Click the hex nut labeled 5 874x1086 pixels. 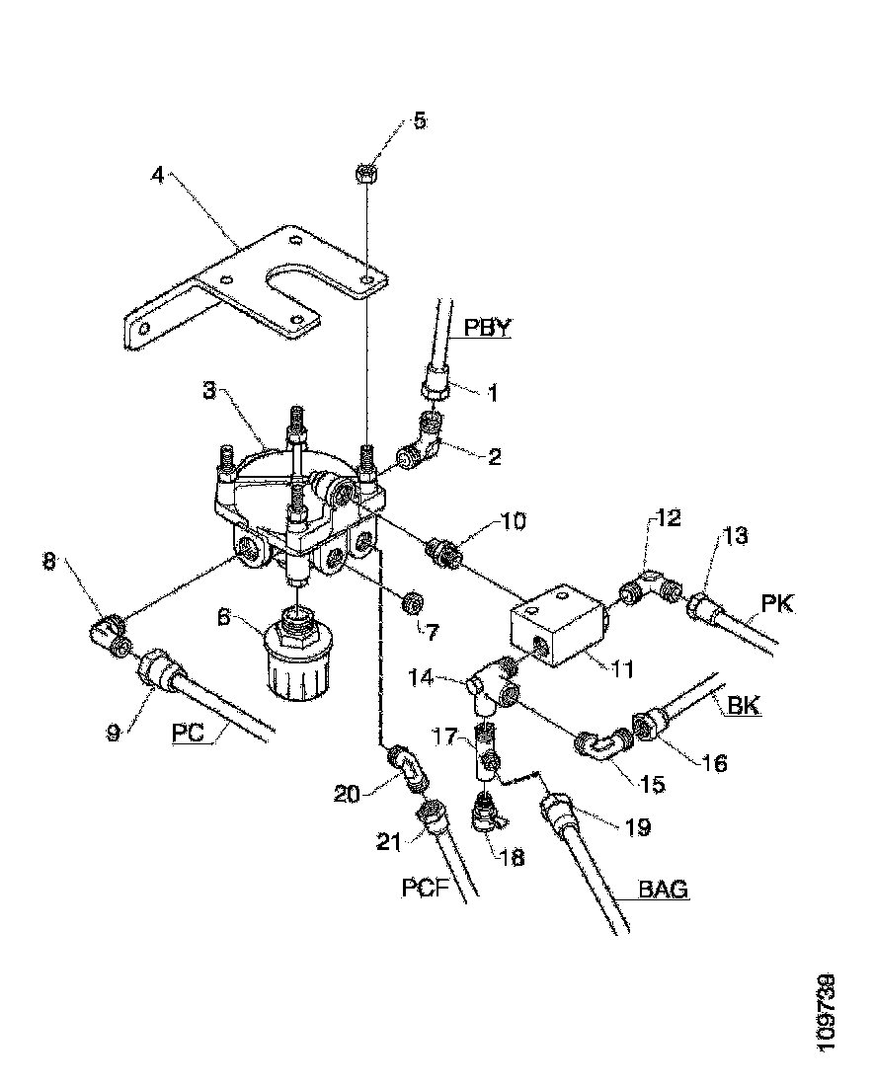(362, 174)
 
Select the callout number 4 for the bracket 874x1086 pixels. (157, 175)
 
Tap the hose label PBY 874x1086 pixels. (487, 328)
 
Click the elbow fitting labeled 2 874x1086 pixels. (422, 443)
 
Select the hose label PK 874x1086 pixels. (778, 602)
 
